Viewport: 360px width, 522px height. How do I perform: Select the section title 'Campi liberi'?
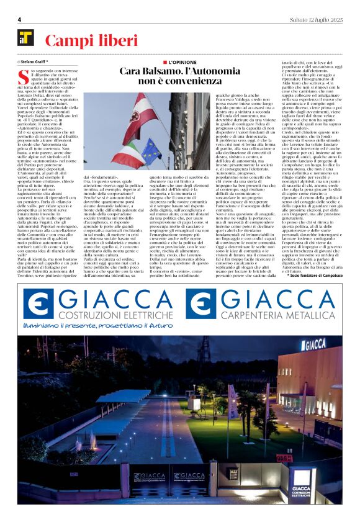(x=91, y=41)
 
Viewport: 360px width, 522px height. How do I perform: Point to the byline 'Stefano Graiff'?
(x=37, y=62)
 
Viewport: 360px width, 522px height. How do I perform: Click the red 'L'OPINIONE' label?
(x=180, y=63)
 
